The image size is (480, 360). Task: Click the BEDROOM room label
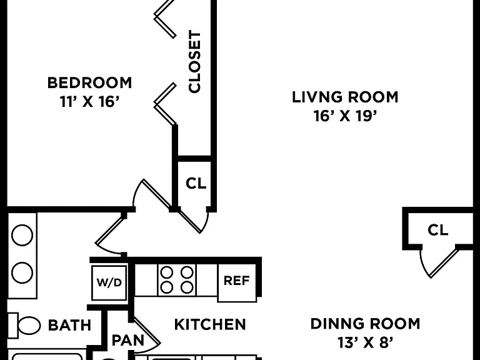89,83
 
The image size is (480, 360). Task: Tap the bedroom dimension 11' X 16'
89,102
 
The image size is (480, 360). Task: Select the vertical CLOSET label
195,61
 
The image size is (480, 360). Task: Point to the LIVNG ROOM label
345,97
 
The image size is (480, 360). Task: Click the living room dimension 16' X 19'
345,116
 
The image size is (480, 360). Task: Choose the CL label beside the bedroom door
196,183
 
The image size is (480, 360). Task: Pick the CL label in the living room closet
437,229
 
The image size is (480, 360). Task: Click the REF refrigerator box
237,282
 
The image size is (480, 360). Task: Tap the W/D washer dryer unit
109,282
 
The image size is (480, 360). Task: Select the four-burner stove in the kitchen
177,280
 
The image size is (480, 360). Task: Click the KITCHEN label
210,324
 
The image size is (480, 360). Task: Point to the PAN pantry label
128,341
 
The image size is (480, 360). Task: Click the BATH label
70,325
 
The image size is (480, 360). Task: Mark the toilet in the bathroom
24,325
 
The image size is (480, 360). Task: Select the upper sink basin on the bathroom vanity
22,235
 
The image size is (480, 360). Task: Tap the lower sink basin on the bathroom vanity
22,272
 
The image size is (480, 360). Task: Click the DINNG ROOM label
365,324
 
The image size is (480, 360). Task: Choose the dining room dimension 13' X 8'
365,343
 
